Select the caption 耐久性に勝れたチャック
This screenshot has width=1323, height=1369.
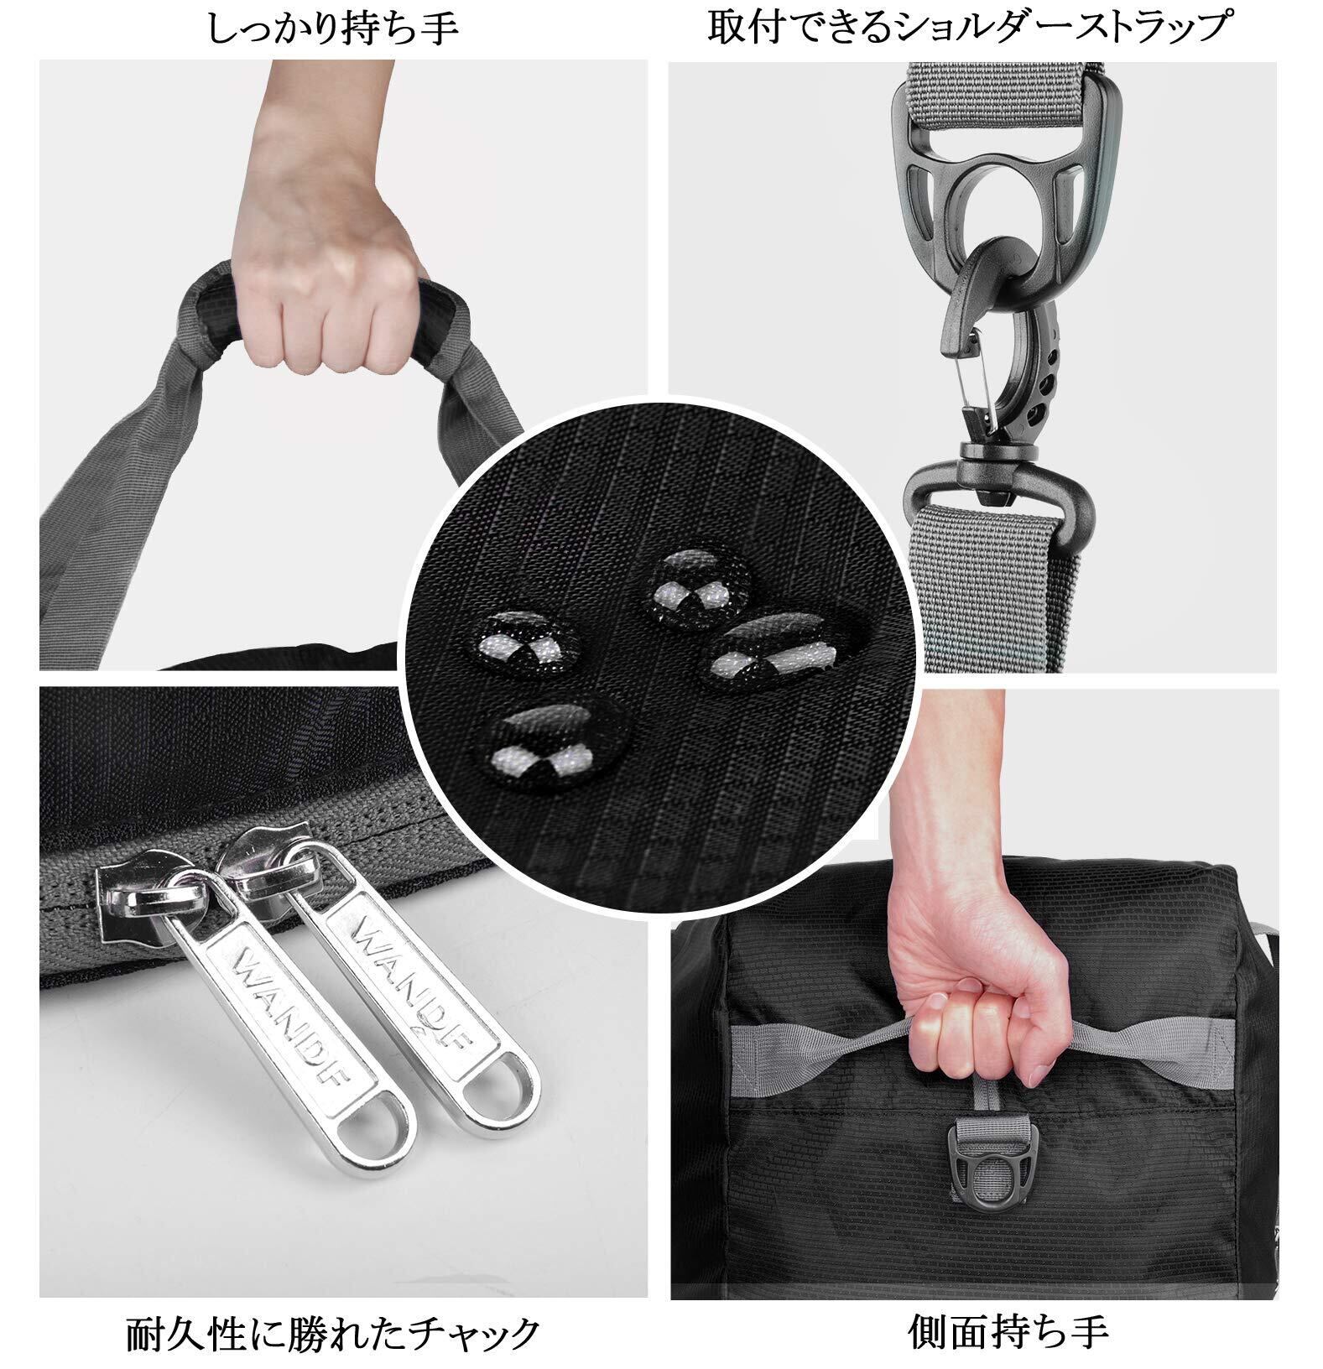pyautogui.click(x=332, y=1335)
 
